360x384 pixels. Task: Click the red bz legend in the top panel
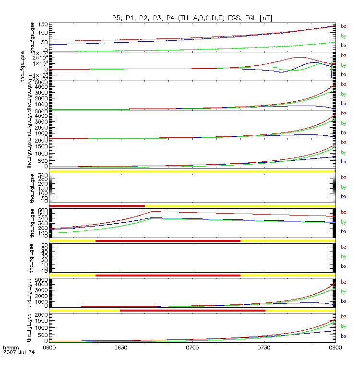pyautogui.click(x=343, y=26)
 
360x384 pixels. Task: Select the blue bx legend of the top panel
pyautogui.click(x=343, y=46)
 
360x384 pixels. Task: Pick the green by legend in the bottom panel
pyautogui.click(x=343, y=326)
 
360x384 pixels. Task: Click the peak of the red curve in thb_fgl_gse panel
pyautogui.click(x=153, y=211)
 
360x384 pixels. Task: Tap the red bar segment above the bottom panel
pyautogui.click(x=192, y=311)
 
